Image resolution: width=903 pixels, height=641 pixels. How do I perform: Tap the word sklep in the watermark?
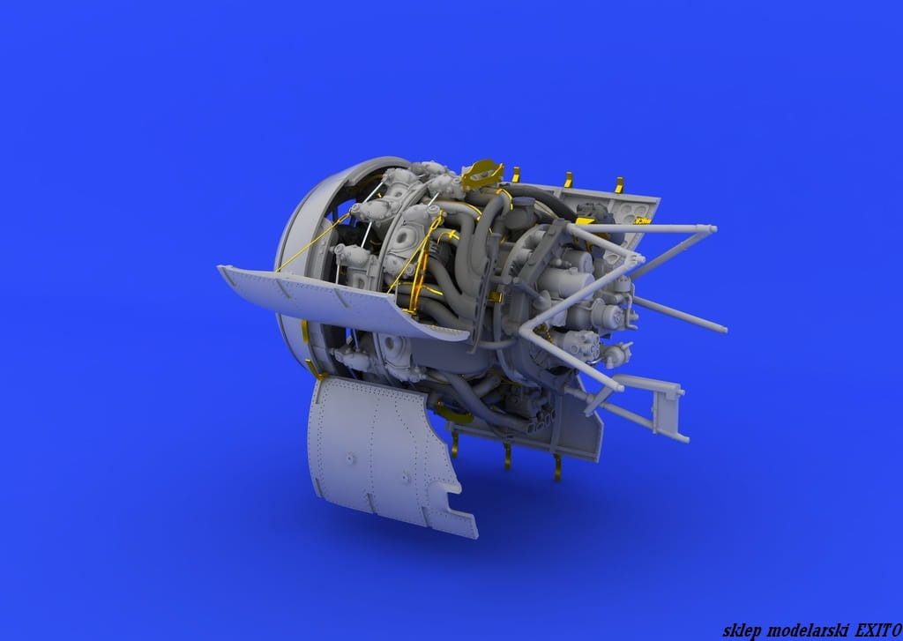pos(740,630)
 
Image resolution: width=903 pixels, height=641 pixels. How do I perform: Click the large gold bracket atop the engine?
pos(482,174)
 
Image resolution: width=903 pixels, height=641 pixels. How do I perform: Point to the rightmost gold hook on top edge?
pos(619,185)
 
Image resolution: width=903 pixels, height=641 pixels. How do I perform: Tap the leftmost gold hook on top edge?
pos(515,175)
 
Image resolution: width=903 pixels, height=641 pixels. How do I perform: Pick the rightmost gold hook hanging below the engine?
pos(557,467)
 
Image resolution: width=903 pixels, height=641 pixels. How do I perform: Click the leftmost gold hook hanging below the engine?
pos(454,444)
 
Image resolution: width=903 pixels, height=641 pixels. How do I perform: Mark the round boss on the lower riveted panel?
pos(349,459)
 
